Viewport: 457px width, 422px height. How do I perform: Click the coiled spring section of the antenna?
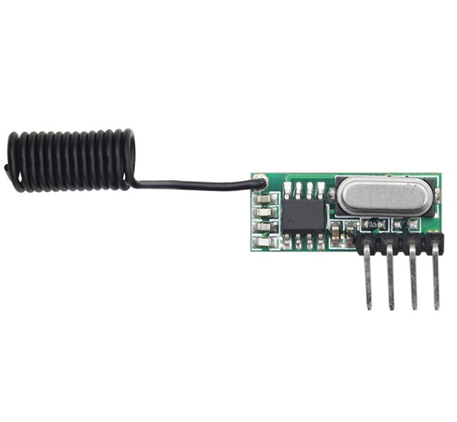[x=70, y=160]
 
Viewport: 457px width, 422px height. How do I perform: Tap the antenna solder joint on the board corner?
[x=259, y=181]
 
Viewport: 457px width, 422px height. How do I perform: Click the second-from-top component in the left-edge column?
[x=264, y=212]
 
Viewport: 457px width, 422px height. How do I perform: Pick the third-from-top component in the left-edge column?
[x=264, y=227]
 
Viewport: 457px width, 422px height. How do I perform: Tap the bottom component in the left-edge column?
[x=264, y=242]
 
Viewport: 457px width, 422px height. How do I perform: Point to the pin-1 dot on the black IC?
[x=290, y=203]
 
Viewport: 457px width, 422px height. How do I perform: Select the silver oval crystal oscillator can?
[x=380, y=195]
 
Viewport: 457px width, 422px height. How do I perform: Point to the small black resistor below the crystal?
[x=371, y=224]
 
